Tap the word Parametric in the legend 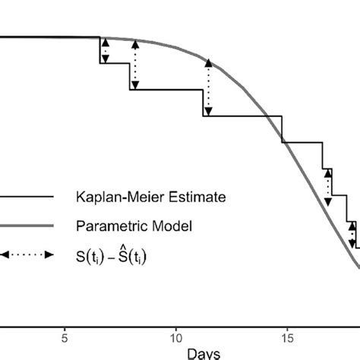109,226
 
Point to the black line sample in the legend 27,197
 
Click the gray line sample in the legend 27,226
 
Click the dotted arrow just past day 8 134,65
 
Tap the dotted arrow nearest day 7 106,50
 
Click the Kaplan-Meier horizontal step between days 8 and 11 166,90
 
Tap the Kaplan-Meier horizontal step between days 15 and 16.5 302,142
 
